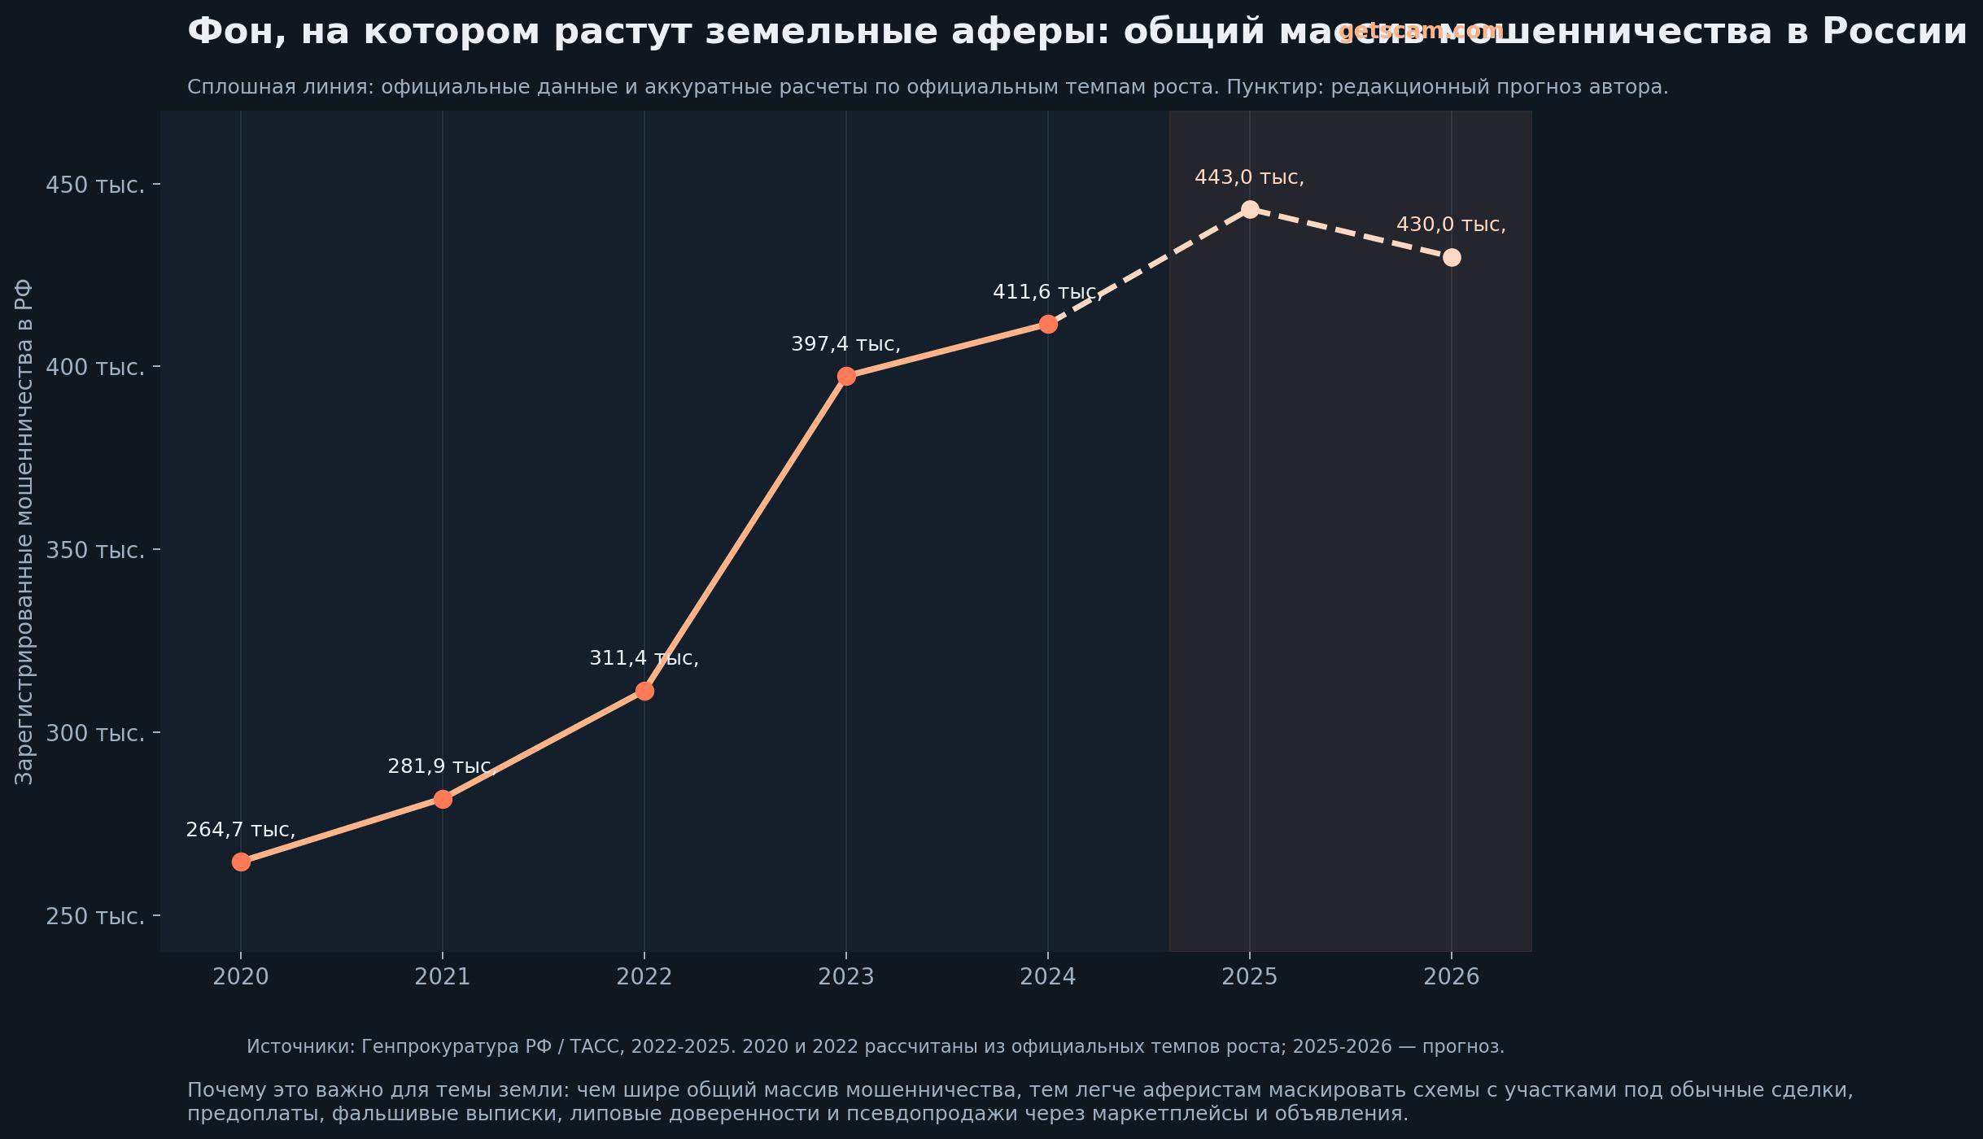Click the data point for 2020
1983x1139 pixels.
pos(241,862)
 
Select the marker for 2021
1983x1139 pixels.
pos(443,799)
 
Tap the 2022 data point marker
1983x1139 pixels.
pos(644,691)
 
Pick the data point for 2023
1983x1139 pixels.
pos(846,376)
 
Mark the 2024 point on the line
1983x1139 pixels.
pos(1048,324)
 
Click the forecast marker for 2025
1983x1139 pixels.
pos(1250,209)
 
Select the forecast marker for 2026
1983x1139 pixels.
pos(1452,257)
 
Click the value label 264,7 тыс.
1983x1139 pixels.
pos(240,830)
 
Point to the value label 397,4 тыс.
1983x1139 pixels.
pos(845,344)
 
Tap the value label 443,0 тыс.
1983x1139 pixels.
pos(1249,177)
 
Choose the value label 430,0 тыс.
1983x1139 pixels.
pos(1451,225)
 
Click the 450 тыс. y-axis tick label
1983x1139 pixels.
pos(95,185)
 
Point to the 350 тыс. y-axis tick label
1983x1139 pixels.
pos(95,551)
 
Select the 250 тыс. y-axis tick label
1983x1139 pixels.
pos(95,917)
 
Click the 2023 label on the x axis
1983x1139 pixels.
pos(846,976)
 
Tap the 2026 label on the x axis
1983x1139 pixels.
pos(1452,976)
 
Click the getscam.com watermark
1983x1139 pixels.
pos(1421,31)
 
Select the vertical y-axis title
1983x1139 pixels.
pos(24,532)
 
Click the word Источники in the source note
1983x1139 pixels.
pos(300,1046)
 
